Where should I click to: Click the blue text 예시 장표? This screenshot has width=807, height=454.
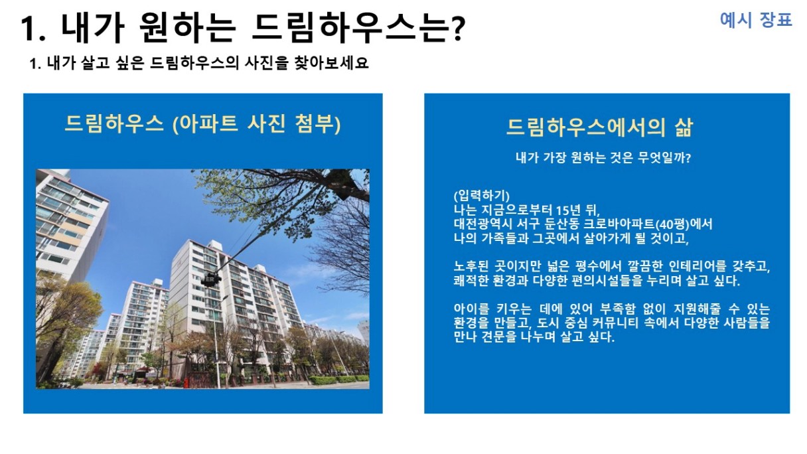pyautogui.click(x=756, y=20)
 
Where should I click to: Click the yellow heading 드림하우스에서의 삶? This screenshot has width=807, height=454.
pyautogui.click(x=599, y=127)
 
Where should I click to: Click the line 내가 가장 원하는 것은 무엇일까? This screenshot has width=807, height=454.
pyautogui.click(x=603, y=157)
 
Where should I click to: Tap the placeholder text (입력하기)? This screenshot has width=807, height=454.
pyautogui.click(x=481, y=196)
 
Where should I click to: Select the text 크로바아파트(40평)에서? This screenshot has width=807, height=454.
pyautogui.click(x=648, y=224)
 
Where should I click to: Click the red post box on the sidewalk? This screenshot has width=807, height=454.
pyautogui.click(x=186, y=383)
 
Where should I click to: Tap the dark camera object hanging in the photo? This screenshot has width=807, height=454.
pyautogui.click(x=211, y=280)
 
